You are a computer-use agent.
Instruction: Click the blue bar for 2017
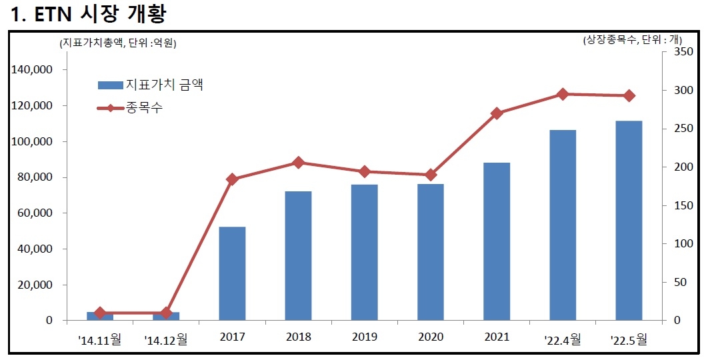(232, 273)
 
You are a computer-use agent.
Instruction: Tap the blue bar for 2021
(497, 241)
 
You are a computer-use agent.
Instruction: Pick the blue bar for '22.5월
(629, 220)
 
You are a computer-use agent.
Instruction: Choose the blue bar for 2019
(364, 252)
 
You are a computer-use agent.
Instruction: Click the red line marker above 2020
(431, 175)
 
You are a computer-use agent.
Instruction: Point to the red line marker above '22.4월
(563, 94)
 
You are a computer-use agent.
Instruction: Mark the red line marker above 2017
(232, 179)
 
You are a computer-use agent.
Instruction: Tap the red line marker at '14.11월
(100, 313)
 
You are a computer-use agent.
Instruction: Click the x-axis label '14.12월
(166, 339)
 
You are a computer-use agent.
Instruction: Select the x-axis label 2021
(497, 338)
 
